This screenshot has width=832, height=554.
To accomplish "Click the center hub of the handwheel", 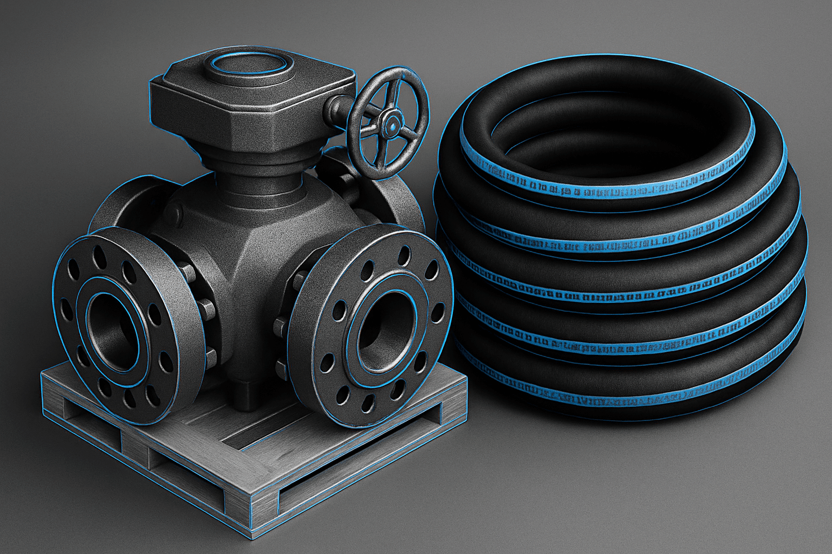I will tap(389, 126).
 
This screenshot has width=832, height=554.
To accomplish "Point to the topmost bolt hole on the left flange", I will tap(99, 254).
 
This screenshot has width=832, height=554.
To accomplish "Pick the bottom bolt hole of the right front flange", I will tap(368, 403).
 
